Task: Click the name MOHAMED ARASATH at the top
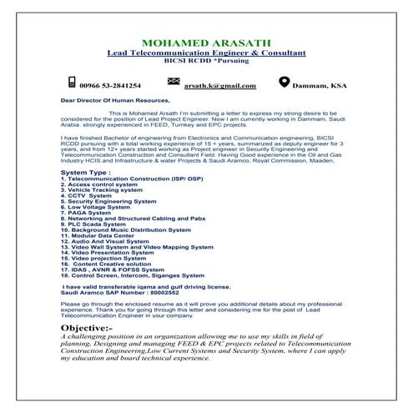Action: click(206, 43)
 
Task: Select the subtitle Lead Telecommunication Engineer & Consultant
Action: click(206, 53)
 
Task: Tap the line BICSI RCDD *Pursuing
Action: click(206, 62)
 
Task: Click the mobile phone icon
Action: click(72, 83)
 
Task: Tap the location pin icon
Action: click(285, 83)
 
